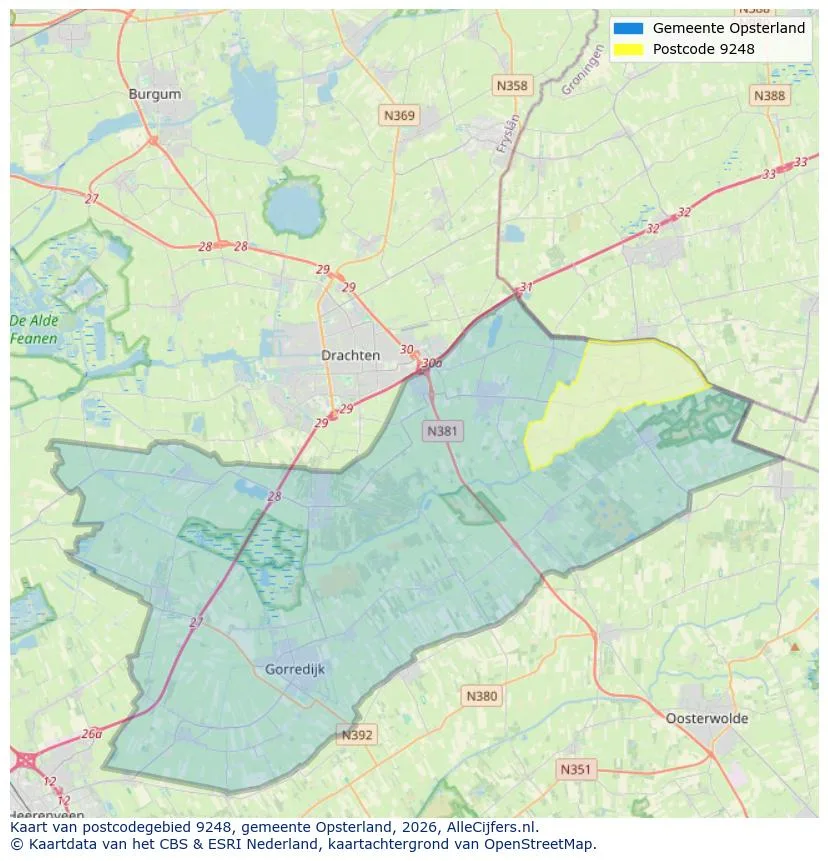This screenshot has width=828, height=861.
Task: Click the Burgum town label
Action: click(x=155, y=94)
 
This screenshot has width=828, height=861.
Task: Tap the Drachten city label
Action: click(x=350, y=355)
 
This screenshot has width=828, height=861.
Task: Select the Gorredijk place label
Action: click(x=295, y=669)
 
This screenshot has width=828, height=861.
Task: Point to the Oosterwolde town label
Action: click(x=707, y=718)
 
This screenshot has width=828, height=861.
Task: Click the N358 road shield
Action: click(x=511, y=86)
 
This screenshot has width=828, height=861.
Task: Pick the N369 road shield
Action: click(x=399, y=116)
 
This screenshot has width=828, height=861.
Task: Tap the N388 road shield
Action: click(x=769, y=95)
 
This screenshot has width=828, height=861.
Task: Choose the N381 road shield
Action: click(x=442, y=431)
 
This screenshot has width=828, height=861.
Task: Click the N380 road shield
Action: click(x=481, y=696)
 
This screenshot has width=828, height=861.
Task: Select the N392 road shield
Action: click(x=357, y=735)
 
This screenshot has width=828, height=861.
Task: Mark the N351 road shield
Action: click(x=575, y=769)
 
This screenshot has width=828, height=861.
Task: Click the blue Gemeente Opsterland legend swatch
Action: click(x=628, y=28)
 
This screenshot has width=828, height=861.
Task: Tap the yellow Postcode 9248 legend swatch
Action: click(x=628, y=49)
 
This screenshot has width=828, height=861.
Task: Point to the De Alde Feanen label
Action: click(x=34, y=330)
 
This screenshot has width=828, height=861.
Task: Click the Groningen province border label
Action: click(x=582, y=73)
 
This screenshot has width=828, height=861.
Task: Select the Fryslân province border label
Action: click(x=509, y=134)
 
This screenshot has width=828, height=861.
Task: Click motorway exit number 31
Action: click(x=526, y=287)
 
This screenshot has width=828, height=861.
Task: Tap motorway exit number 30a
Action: click(x=432, y=363)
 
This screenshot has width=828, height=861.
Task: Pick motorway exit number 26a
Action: click(x=92, y=733)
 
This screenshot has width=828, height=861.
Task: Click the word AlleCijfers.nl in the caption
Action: click(x=484, y=827)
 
